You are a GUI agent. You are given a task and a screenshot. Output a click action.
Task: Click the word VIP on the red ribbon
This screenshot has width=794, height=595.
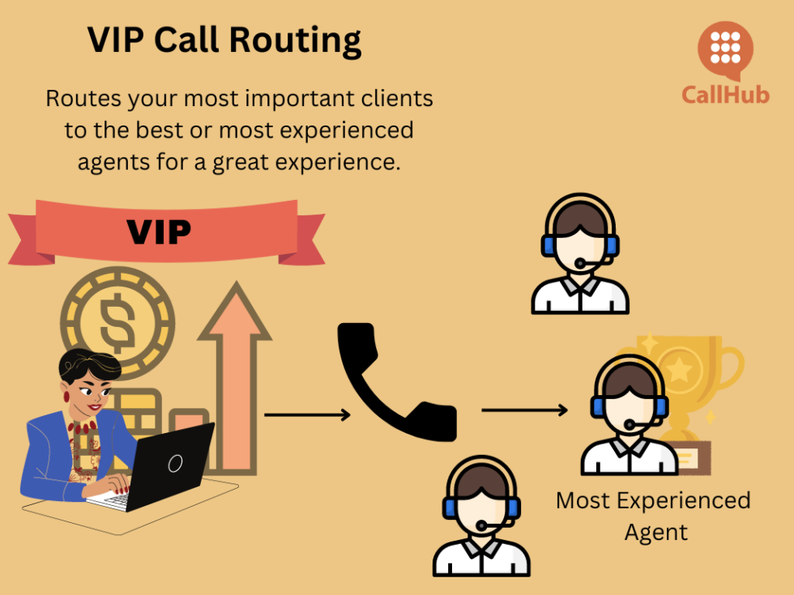click(159, 232)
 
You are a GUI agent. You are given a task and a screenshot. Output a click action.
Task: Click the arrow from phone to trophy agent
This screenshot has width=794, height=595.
click(524, 410)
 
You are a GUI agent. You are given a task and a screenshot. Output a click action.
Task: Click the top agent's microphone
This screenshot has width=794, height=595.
click(580, 264)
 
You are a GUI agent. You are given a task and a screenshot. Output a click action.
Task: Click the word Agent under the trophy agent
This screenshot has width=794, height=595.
click(656, 532)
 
